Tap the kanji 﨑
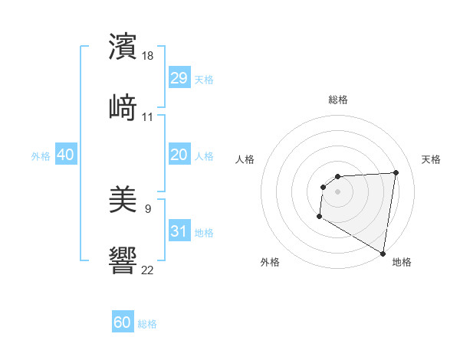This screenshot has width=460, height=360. click(123, 107)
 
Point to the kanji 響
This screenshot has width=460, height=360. click(123, 260)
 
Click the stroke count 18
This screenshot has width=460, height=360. click(148, 55)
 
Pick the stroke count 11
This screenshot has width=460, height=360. click(148, 117)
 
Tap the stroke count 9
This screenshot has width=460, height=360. click(148, 208)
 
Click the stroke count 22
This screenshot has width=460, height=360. click(148, 270)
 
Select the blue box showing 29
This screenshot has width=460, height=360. click(179, 78)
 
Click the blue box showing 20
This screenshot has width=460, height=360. click(179, 155)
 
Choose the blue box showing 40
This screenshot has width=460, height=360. click(66, 155)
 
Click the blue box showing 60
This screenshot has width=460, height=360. click(123, 322)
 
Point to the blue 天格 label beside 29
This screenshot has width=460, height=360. click(204, 80)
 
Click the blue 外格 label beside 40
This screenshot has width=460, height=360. click(41, 156)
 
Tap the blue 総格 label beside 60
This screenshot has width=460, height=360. click(147, 324)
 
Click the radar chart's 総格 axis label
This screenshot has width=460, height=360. click(338, 100)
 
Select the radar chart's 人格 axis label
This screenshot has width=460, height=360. click(245, 159)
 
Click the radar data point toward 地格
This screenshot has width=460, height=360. click(383, 253)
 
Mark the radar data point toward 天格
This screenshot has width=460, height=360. click(396, 172)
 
